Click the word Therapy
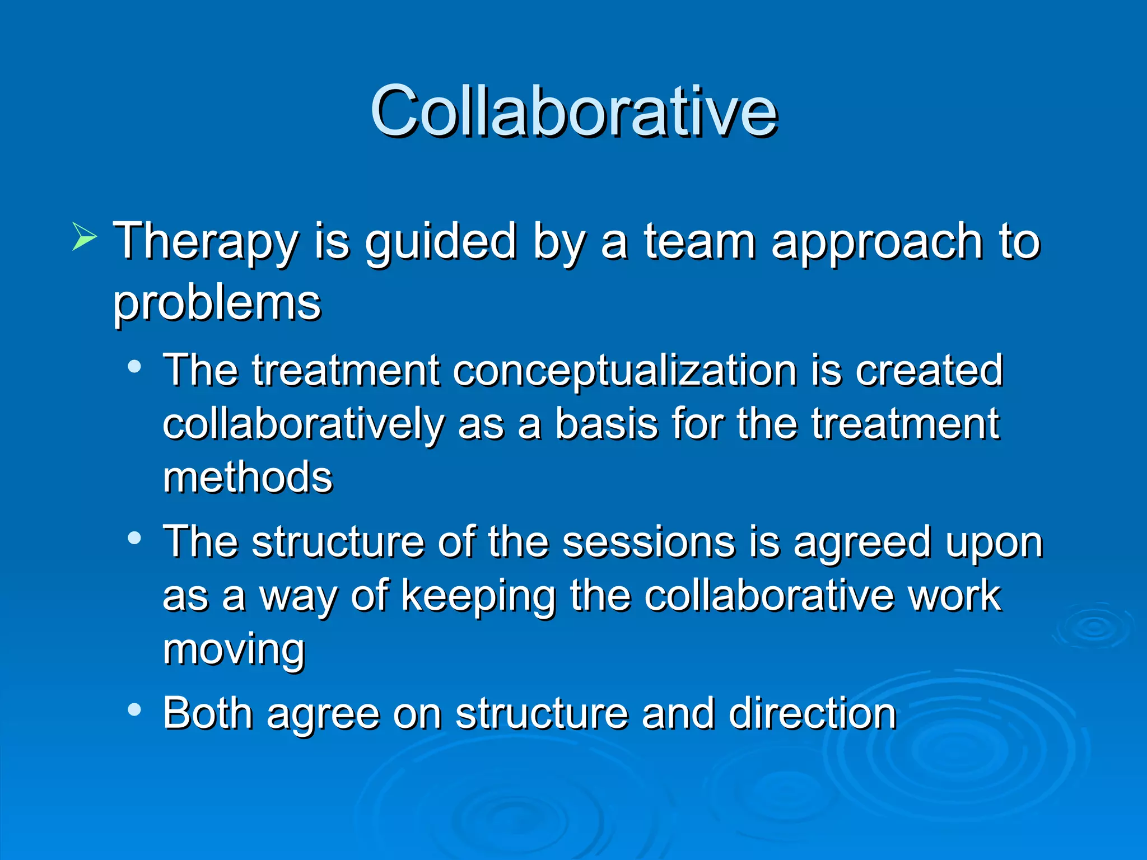pyautogui.click(x=205, y=242)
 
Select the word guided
pyautogui.click(x=440, y=242)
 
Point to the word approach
pyautogui.click(x=876, y=242)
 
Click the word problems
pyautogui.click(x=217, y=303)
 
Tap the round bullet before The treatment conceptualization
pyautogui.click(x=134, y=367)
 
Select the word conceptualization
pyautogui.click(x=624, y=370)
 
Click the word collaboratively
pyautogui.click(x=302, y=424)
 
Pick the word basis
pyautogui.click(x=606, y=424)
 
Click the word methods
pyautogui.click(x=248, y=477)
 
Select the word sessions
pyautogui.click(x=648, y=542)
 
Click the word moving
pyautogui.click(x=234, y=649)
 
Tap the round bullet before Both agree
pyautogui.click(x=134, y=710)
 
